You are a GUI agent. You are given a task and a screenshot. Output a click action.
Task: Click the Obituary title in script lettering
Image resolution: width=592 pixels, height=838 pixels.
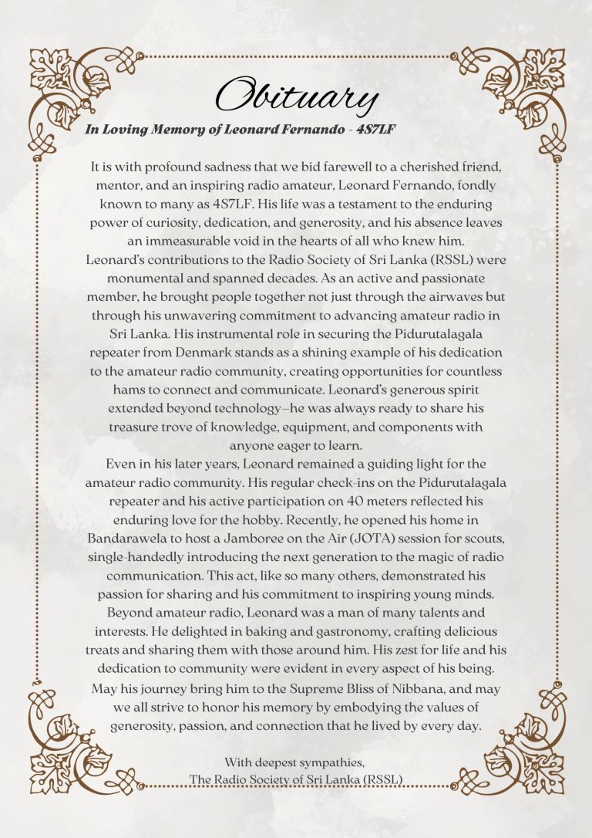[x=296, y=96]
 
